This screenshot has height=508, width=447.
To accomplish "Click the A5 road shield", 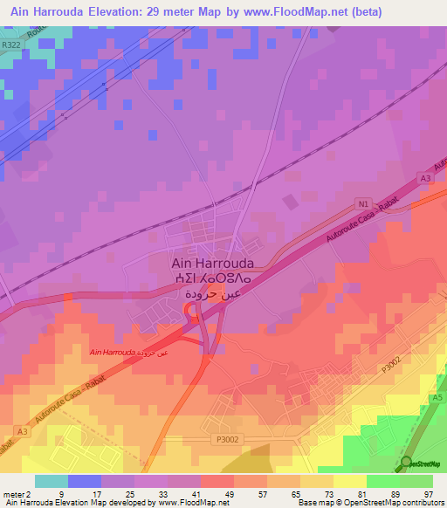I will pyautogui.click(x=436, y=398).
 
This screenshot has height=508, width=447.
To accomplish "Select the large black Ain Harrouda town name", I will pyautogui.click(x=212, y=262).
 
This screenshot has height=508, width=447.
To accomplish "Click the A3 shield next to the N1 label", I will pyautogui.click(x=427, y=178).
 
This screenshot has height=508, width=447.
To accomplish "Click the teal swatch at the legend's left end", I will pyautogui.click(x=52, y=481).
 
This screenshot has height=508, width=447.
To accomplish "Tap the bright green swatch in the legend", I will pyautogui.click(x=382, y=481).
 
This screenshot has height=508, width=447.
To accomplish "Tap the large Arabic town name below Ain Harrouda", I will pyautogui.click(x=212, y=296).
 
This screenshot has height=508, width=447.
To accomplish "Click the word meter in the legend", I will pyautogui.click(x=15, y=493).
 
